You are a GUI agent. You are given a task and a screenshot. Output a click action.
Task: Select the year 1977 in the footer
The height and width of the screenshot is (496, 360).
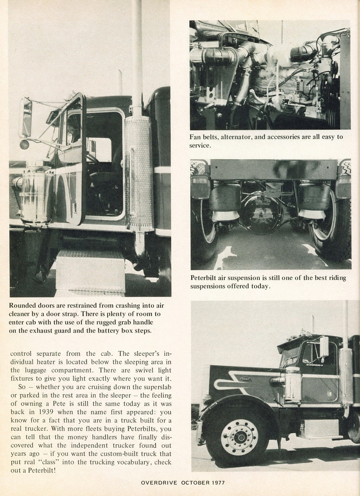click(216, 482)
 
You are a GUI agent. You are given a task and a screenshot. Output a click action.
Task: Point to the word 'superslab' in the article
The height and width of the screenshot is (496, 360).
click(154, 387)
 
